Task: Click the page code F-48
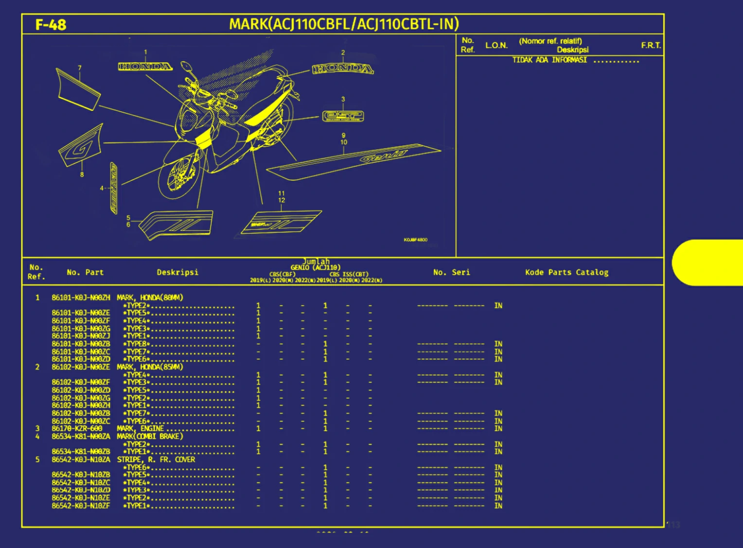click(x=51, y=25)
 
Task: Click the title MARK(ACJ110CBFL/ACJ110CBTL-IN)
click(x=344, y=24)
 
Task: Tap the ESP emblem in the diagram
click(x=343, y=116)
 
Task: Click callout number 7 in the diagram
click(x=80, y=68)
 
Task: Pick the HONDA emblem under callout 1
click(x=145, y=66)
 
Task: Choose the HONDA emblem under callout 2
click(x=343, y=69)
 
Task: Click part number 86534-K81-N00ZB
click(x=81, y=452)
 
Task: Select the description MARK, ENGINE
click(x=140, y=428)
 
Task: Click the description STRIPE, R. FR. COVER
click(x=156, y=460)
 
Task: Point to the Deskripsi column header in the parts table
click(x=177, y=272)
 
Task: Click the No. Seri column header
click(x=451, y=272)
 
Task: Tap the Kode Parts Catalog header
click(x=566, y=272)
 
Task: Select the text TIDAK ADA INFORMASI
click(x=549, y=60)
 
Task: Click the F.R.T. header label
click(x=651, y=45)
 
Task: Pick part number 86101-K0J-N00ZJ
click(x=81, y=336)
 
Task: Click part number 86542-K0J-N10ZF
click(x=81, y=506)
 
